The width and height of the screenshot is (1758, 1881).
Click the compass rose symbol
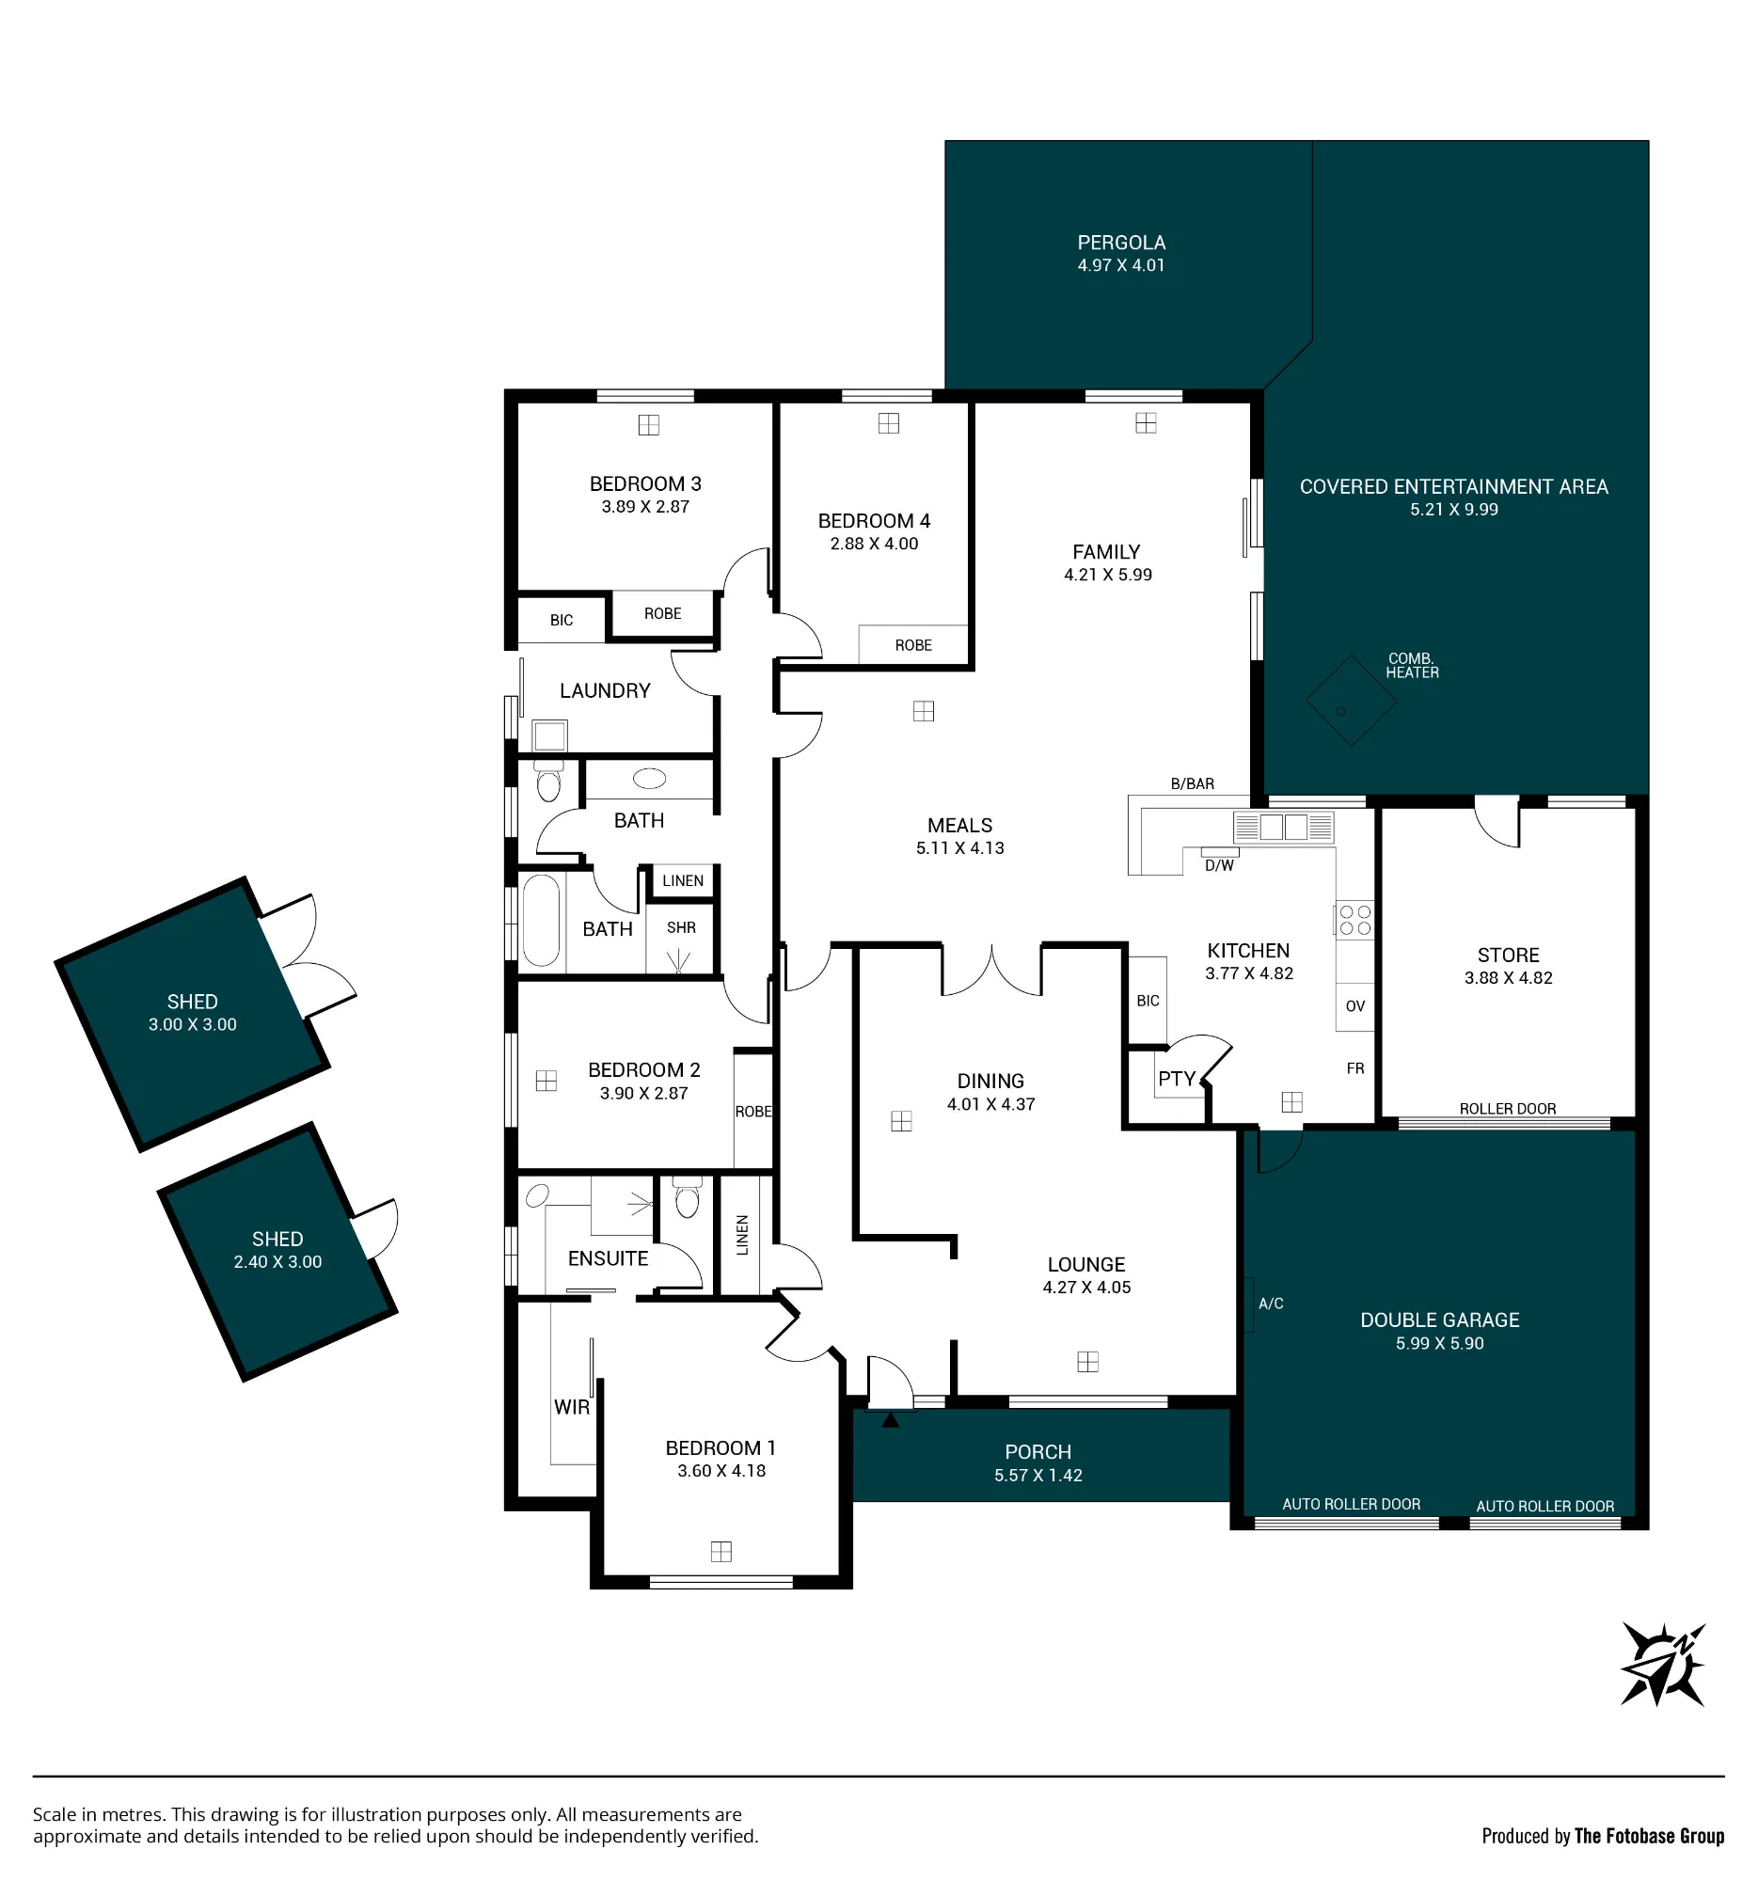pos(1662,1664)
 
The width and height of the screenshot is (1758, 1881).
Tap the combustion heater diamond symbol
pos(1350,701)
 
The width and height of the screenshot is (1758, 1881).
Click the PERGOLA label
pos(1121,244)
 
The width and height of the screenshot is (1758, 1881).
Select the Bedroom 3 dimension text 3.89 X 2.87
pos(645,507)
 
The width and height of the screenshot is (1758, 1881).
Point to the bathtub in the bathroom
pos(541,920)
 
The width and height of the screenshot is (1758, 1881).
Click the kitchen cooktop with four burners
pos(1354,920)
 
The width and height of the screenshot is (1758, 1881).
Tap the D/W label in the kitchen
pos(1219,865)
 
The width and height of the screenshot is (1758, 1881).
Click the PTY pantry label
pos(1177,1079)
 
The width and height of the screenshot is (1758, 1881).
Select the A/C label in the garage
pos(1271,1304)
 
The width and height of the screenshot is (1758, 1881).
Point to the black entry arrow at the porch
pos(891,1419)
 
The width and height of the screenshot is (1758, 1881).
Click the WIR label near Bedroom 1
pos(572,1407)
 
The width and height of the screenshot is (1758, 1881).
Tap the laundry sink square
pos(548,735)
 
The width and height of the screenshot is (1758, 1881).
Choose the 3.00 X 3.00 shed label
pos(192,1025)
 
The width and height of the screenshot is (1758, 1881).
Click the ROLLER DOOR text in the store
pos(1507,1109)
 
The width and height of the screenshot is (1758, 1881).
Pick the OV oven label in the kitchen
pos(1354,1005)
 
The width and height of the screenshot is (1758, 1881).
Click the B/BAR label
pos(1192,783)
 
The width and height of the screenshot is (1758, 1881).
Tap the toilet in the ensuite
pos(687,1197)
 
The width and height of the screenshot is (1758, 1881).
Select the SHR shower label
pos(681,928)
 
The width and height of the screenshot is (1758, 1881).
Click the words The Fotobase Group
pos(1649,1837)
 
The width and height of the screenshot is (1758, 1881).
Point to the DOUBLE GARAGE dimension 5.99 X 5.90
pos(1439,1344)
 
